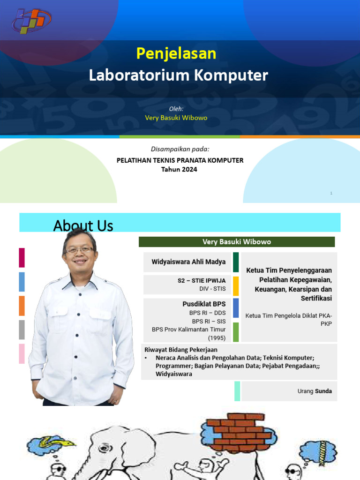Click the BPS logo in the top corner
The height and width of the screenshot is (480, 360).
pyautogui.click(x=32, y=21)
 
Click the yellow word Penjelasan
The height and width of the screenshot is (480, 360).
pyautogui.click(x=176, y=53)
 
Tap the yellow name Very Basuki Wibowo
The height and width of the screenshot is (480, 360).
pyautogui.click(x=176, y=118)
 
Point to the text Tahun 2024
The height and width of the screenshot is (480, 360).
pyautogui.click(x=179, y=170)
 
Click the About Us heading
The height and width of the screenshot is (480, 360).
pyautogui.click(x=83, y=225)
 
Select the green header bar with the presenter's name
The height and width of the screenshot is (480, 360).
pyautogui.click(x=237, y=242)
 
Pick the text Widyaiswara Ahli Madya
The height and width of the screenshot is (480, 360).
pyautogui.click(x=188, y=262)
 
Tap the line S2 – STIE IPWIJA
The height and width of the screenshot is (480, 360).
pyautogui.click(x=201, y=281)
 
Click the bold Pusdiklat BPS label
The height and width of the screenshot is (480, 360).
pyautogui.click(x=204, y=304)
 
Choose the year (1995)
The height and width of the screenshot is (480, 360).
pyautogui.click(x=217, y=337)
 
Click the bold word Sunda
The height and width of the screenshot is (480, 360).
pyautogui.click(x=323, y=391)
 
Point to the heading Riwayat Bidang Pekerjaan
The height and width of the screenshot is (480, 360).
pyautogui.click(x=181, y=350)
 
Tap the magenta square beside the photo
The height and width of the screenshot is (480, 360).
pyautogui.click(x=22, y=258)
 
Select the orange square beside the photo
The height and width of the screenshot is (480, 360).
pyautogui.click(x=22, y=306)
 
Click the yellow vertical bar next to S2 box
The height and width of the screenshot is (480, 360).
pyautogui.click(x=236, y=286)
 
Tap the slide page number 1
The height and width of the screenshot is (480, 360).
pyautogui.click(x=331, y=193)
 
